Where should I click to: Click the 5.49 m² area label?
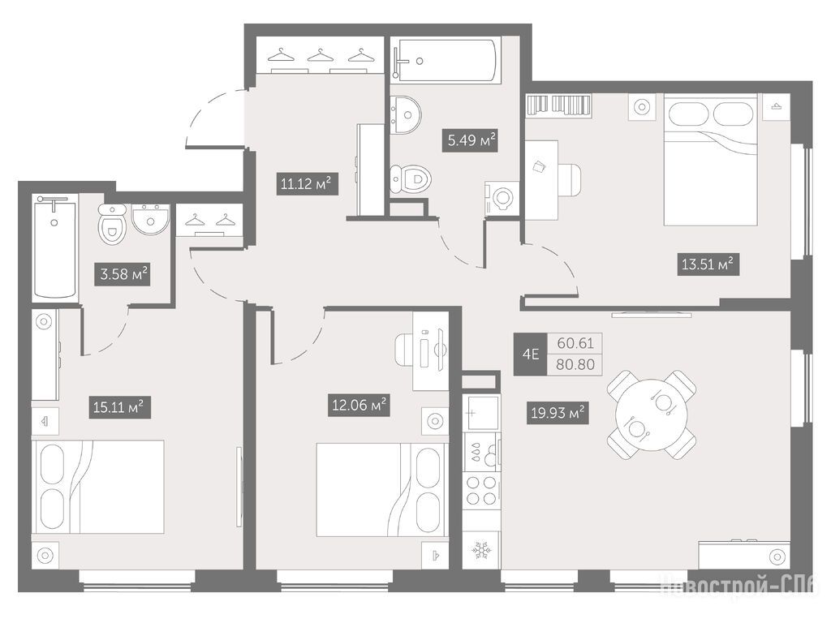tap(469, 140)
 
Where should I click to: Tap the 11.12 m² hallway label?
tap(306, 183)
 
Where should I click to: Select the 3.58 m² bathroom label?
tap(123, 274)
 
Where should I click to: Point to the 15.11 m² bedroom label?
tap(119, 407)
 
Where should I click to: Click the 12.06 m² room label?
tap(358, 406)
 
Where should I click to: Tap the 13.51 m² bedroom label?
tap(708, 264)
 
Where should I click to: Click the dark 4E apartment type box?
tap(531, 354)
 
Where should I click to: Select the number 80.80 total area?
tap(575, 364)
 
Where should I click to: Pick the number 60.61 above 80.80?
tap(575, 343)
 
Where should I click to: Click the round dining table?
tap(652, 415)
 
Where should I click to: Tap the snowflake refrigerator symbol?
tap(482, 551)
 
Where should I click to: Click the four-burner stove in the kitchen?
tap(482, 491)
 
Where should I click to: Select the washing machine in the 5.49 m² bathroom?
tap(502, 199)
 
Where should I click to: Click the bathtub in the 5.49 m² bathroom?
tap(446, 60)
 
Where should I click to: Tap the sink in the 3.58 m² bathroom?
tap(150, 218)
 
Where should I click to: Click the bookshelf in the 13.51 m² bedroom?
tap(558, 105)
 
